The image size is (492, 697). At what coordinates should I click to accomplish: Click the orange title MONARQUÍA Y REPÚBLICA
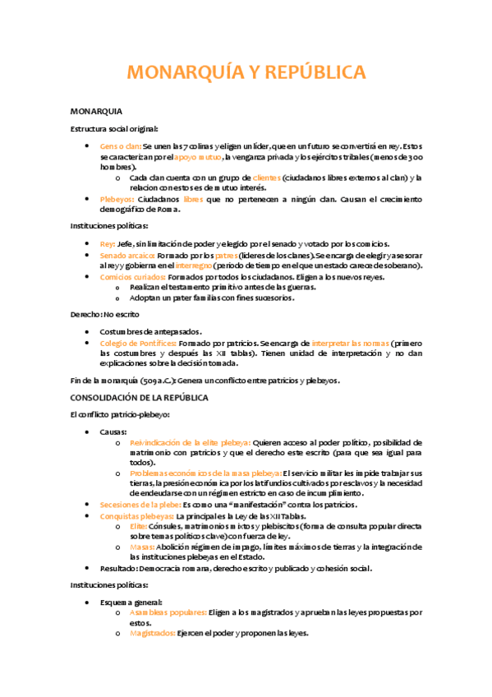coord(246,73)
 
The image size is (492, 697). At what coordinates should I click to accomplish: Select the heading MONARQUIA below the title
coord(97,111)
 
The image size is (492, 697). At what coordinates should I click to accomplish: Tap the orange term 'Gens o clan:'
coord(120,145)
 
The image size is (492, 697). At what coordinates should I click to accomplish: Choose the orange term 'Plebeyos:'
coord(118,199)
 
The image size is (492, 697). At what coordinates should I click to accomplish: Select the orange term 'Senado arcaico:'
coord(126,255)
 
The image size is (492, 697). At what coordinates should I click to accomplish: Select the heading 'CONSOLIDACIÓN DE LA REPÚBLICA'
coord(140,398)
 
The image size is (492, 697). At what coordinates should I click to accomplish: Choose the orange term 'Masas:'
coord(143,547)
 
